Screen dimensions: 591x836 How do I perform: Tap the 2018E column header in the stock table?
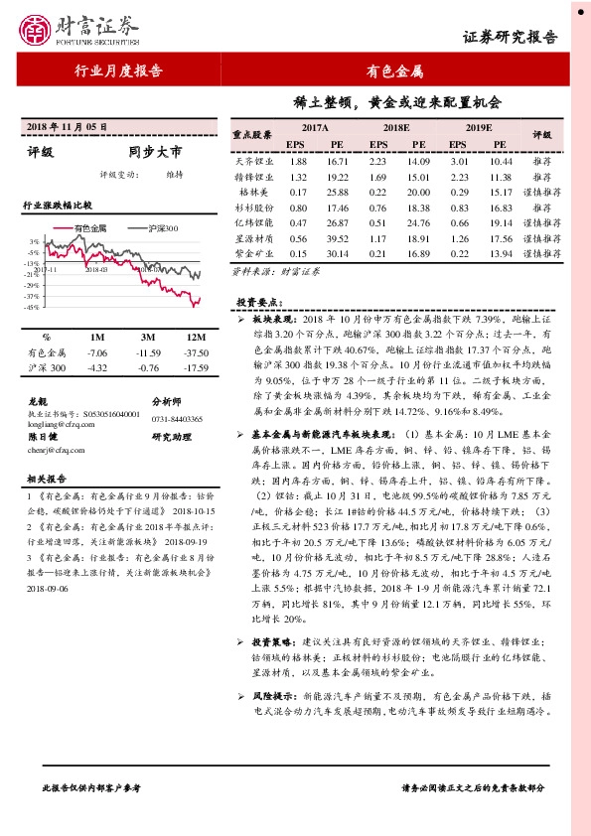[x=396, y=128]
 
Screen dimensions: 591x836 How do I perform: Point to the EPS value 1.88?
[x=296, y=160]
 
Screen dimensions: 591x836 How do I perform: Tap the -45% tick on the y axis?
[x=34, y=308]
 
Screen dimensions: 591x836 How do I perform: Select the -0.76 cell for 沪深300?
[x=149, y=368]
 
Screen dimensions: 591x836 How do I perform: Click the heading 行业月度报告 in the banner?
[x=119, y=70]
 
